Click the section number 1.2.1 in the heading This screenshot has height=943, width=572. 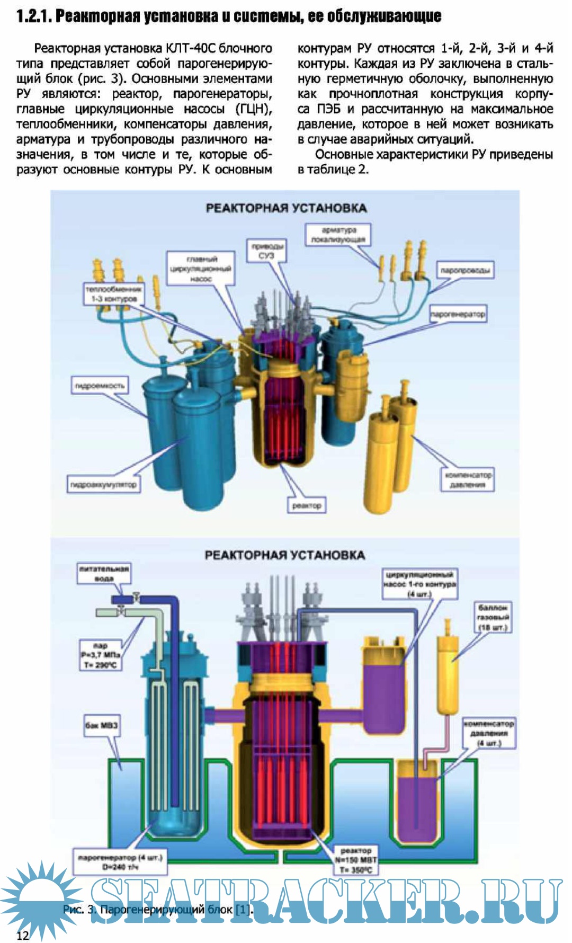pyautogui.click(x=33, y=16)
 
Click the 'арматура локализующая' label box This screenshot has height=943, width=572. pyautogui.click(x=338, y=235)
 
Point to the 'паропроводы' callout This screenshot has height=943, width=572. pyautogui.click(x=465, y=271)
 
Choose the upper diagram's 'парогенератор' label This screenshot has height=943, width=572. pyautogui.click(x=457, y=314)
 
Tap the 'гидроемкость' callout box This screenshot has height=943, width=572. pyautogui.click(x=100, y=386)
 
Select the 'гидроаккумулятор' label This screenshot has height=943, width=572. pyautogui.click(x=104, y=484)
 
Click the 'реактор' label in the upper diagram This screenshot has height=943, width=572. pyautogui.click(x=307, y=505)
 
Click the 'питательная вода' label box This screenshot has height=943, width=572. pyautogui.click(x=104, y=573)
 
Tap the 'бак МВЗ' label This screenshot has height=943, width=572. pyautogui.click(x=101, y=725)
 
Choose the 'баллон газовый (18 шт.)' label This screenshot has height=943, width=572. pyautogui.click(x=493, y=617)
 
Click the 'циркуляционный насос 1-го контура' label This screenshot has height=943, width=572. pyautogui.click(x=419, y=584)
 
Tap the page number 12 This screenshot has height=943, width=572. pyautogui.click(x=22, y=935)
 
